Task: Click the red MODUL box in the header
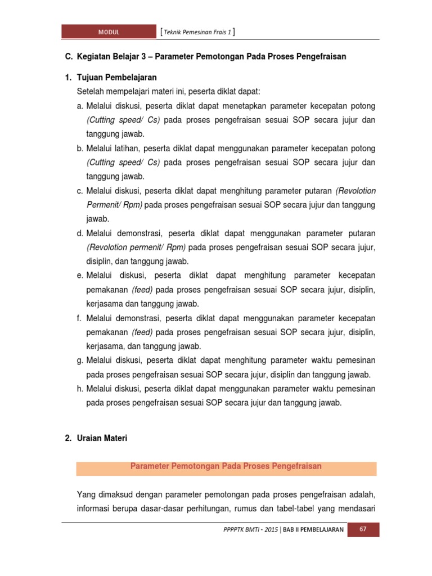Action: point(108,32)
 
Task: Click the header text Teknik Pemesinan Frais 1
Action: point(197,32)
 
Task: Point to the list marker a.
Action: point(80,106)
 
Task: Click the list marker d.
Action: point(80,233)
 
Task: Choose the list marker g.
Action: point(80,360)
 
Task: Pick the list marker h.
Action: point(80,389)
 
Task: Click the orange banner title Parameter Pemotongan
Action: point(226,466)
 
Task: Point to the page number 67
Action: point(363,530)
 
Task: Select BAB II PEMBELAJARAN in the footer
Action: point(313,530)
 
